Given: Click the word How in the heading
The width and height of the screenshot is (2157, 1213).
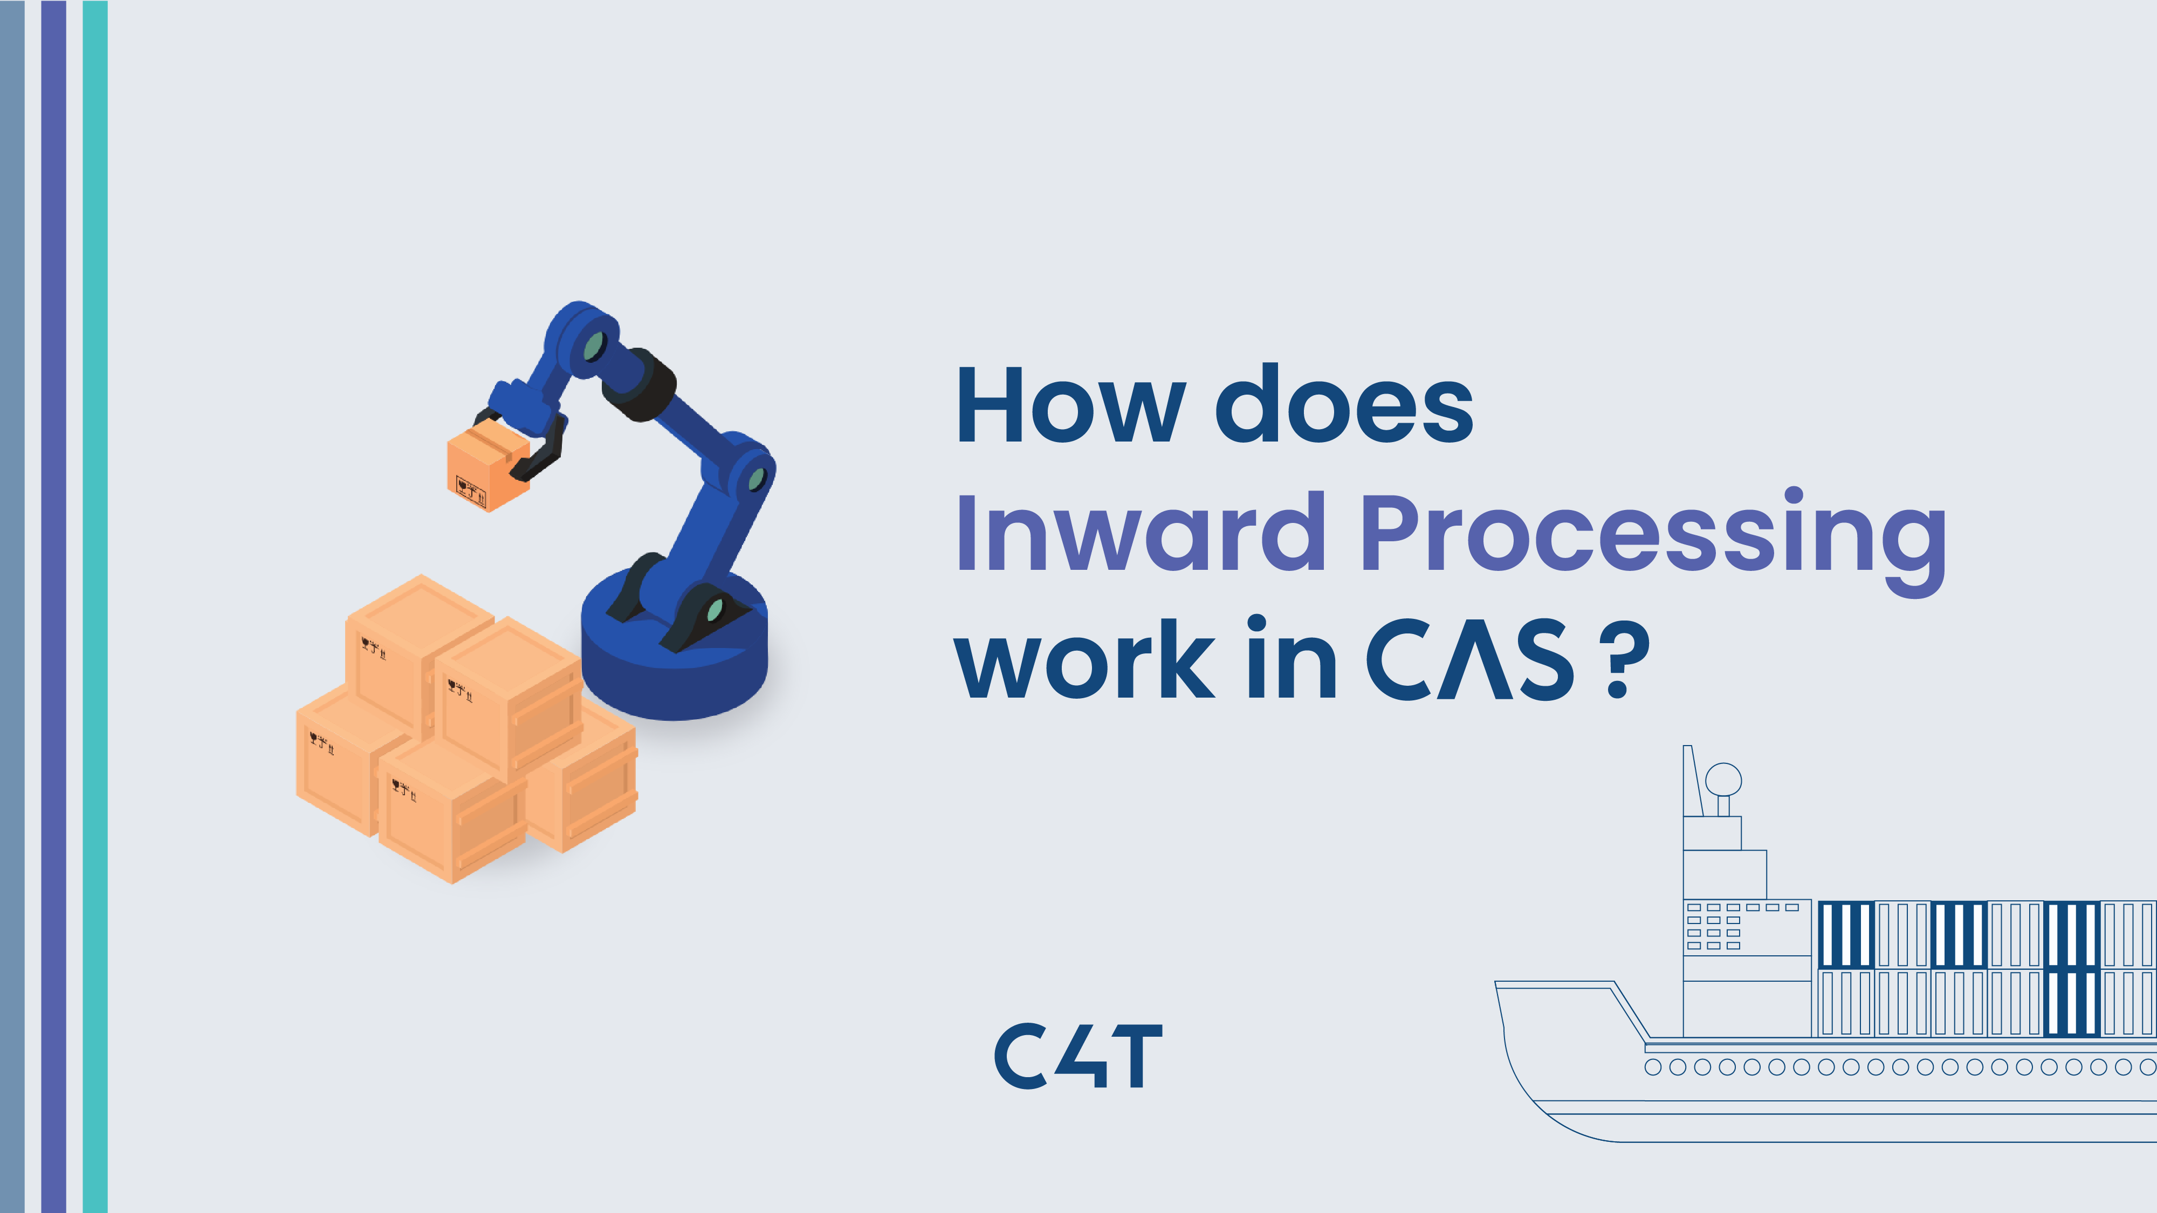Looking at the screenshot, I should coord(1070,405).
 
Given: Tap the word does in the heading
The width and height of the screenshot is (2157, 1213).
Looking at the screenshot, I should coord(1343,405).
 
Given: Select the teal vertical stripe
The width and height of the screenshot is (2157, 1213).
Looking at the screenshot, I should coord(94,606).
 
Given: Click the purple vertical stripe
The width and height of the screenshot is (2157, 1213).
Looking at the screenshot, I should coord(53,606).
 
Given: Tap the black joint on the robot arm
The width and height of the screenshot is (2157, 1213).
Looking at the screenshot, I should coord(641,385).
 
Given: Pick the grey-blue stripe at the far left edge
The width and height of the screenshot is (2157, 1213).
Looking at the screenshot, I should coord(12,606).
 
